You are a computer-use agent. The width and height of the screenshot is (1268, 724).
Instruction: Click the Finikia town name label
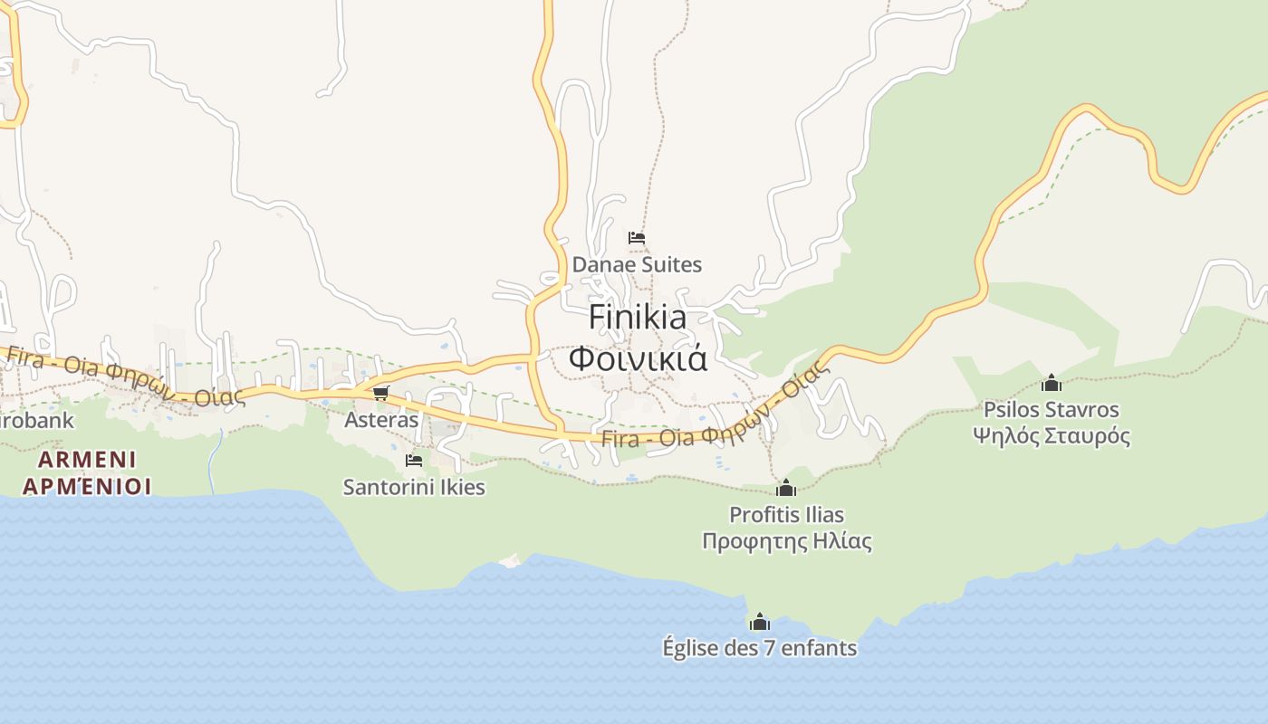(x=638, y=318)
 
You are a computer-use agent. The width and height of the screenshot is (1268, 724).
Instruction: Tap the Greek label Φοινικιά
(x=638, y=358)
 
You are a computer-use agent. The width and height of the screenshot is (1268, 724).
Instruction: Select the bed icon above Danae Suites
(x=637, y=238)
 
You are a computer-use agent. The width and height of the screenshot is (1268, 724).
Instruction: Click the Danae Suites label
(x=637, y=265)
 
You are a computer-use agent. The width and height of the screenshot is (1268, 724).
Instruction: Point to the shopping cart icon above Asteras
(x=380, y=394)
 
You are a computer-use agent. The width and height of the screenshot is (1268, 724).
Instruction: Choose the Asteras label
(x=381, y=420)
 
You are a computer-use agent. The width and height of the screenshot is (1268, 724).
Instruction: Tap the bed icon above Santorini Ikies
(x=414, y=461)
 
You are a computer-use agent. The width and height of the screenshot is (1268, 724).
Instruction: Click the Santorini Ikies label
(x=414, y=487)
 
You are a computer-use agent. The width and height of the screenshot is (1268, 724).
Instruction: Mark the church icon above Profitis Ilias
(x=786, y=489)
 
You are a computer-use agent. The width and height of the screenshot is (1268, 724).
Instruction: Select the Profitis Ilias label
(x=786, y=515)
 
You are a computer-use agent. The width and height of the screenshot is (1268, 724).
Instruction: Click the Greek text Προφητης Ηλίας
(x=786, y=542)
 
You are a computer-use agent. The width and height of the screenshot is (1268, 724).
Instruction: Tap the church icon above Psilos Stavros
(x=1051, y=383)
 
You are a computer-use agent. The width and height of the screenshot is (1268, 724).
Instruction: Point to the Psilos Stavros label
(x=1051, y=410)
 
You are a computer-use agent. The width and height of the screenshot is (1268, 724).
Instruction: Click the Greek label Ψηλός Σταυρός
(x=1051, y=436)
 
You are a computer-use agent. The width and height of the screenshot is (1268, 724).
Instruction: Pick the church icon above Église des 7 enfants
(x=759, y=622)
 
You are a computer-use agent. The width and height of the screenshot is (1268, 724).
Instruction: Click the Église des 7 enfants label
(x=759, y=648)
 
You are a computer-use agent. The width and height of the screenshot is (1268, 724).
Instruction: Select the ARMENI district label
(x=87, y=458)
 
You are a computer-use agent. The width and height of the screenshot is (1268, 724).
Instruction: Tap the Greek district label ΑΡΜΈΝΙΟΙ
(x=87, y=486)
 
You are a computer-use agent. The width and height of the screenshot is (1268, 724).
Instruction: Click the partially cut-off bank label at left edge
(x=36, y=421)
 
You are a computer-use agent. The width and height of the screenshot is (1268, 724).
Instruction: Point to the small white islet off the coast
(x=511, y=560)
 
